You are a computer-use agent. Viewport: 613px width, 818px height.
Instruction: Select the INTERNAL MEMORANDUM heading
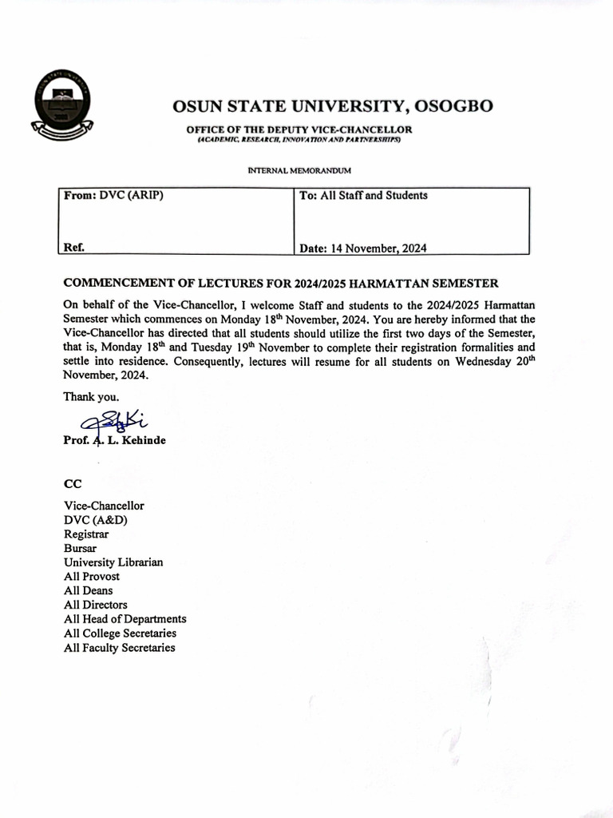pos(299,171)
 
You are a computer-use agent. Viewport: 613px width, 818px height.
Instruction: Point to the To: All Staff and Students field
pos(363,196)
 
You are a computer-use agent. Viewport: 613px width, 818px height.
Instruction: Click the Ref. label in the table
pos(73,248)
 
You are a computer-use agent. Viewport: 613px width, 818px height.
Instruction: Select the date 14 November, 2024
pos(378,248)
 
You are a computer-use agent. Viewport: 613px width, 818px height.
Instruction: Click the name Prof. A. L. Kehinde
pos(114,440)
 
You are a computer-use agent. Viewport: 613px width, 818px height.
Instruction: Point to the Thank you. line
pos(92,396)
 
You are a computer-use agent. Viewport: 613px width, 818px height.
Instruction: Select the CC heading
pos(72,484)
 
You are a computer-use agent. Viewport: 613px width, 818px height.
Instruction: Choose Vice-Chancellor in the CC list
pos(104,506)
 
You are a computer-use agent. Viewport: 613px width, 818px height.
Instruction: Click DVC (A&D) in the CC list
pos(96,520)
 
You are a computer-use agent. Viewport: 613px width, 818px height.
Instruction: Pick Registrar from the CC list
pos(86,534)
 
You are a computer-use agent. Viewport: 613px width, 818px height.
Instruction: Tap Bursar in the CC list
pos(81,548)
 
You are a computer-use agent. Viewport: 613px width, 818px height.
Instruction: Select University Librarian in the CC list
pos(113,562)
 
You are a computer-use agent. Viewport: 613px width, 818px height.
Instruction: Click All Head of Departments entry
pos(125,619)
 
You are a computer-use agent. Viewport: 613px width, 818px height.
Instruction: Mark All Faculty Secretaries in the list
pos(119,648)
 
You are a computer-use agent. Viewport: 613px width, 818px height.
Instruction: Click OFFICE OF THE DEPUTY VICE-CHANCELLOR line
pos(299,129)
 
